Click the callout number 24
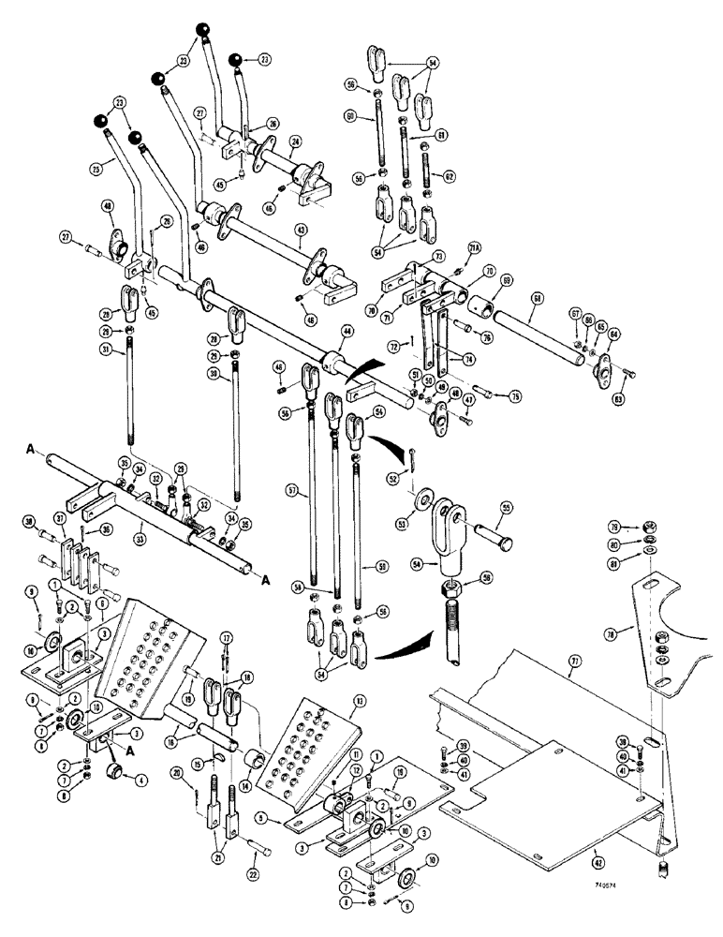pos(294,143)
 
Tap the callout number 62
pos(450,175)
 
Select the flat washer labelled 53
pos(431,498)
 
